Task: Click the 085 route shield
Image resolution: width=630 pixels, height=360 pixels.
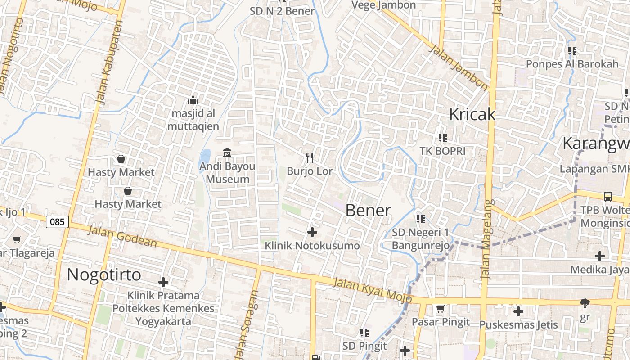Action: (57, 221)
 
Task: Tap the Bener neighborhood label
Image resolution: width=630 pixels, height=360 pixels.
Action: (368, 210)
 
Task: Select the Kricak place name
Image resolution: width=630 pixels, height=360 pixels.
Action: (472, 114)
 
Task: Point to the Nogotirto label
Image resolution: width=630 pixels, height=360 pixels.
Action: (104, 274)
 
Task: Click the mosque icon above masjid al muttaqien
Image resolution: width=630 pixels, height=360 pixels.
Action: (193, 100)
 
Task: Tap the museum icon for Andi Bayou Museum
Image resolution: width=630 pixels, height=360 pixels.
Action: (227, 153)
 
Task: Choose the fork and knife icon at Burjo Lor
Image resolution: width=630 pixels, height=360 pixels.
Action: (310, 157)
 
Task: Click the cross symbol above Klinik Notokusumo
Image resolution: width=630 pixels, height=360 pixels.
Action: (312, 232)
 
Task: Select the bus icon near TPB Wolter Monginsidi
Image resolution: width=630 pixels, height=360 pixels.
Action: (607, 196)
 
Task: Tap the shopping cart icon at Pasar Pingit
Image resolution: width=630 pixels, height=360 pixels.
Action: (441, 309)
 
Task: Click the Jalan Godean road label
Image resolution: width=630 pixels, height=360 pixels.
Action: (122, 237)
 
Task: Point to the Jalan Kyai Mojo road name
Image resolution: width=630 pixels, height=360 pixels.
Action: (373, 290)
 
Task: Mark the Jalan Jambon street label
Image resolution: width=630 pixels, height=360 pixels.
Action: (458, 67)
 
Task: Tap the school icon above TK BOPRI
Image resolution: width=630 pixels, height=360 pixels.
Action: (442, 137)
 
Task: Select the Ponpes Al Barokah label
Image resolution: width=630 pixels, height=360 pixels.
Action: (572, 64)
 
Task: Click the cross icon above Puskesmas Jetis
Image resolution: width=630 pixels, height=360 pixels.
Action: (518, 311)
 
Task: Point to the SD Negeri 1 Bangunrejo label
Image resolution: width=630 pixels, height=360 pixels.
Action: (420, 239)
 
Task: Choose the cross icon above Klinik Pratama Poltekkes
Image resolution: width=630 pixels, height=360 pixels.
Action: (163, 282)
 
